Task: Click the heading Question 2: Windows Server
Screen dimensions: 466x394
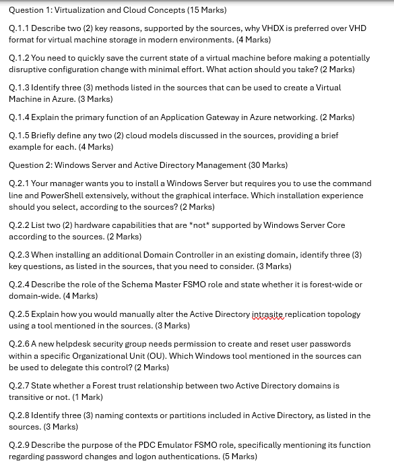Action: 71,165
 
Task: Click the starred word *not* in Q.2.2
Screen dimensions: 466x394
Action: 200,225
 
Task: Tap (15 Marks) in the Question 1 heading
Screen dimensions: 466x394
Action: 203,10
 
